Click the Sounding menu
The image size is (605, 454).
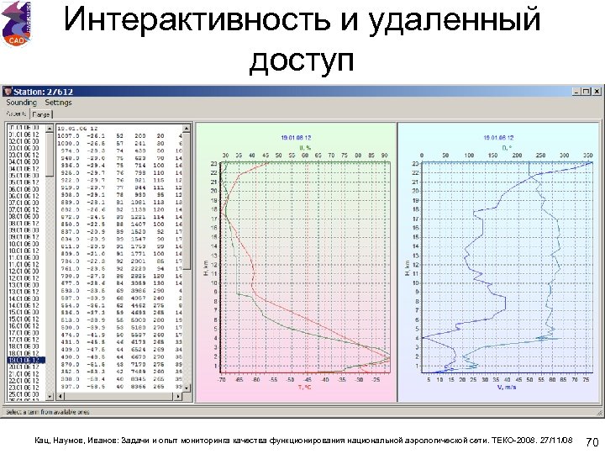pos(22,103)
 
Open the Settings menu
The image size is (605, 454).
pos(59,103)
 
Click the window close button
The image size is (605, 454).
pos(597,91)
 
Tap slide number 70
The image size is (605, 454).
pos(592,442)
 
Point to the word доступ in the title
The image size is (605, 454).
pos(302,61)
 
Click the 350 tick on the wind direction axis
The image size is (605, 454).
pos(587,155)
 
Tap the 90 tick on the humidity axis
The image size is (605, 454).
pos(384,155)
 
